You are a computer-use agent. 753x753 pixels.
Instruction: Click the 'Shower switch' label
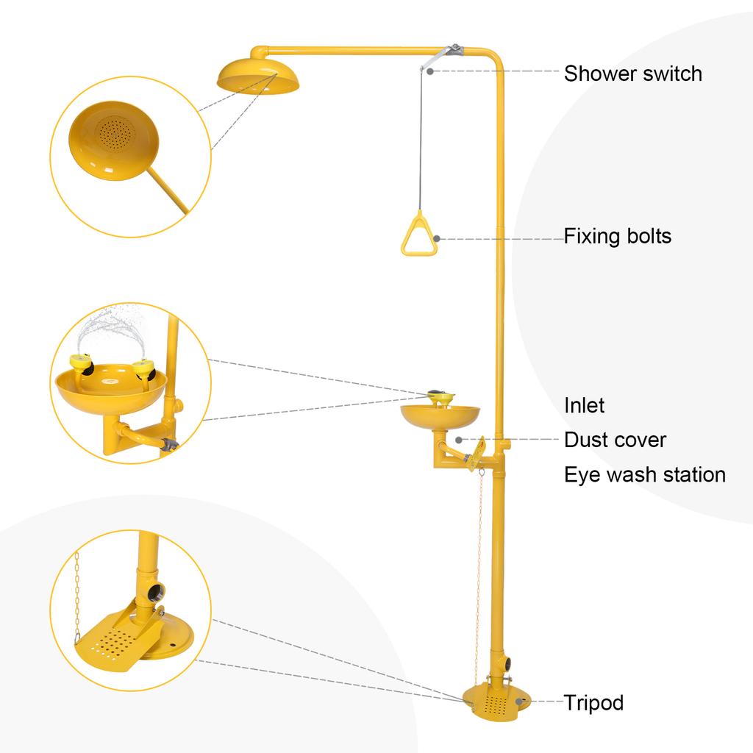click(x=632, y=74)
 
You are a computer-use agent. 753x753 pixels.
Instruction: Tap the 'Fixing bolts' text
click(x=617, y=236)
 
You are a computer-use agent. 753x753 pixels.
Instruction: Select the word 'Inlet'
click(x=584, y=405)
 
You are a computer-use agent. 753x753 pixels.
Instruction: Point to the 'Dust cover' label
click(x=615, y=440)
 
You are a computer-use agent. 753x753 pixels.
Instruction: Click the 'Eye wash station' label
click(x=644, y=474)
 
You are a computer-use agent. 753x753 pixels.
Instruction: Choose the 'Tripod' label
click(x=593, y=702)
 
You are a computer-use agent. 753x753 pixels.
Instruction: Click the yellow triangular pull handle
click(x=419, y=235)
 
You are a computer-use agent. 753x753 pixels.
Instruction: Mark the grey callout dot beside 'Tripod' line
click(x=519, y=702)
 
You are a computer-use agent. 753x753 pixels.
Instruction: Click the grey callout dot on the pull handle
click(x=436, y=238)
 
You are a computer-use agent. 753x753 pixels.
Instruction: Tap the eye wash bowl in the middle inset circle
click(x=110, y=390)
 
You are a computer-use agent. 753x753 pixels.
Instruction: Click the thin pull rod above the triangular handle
click(x=420, y=140)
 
